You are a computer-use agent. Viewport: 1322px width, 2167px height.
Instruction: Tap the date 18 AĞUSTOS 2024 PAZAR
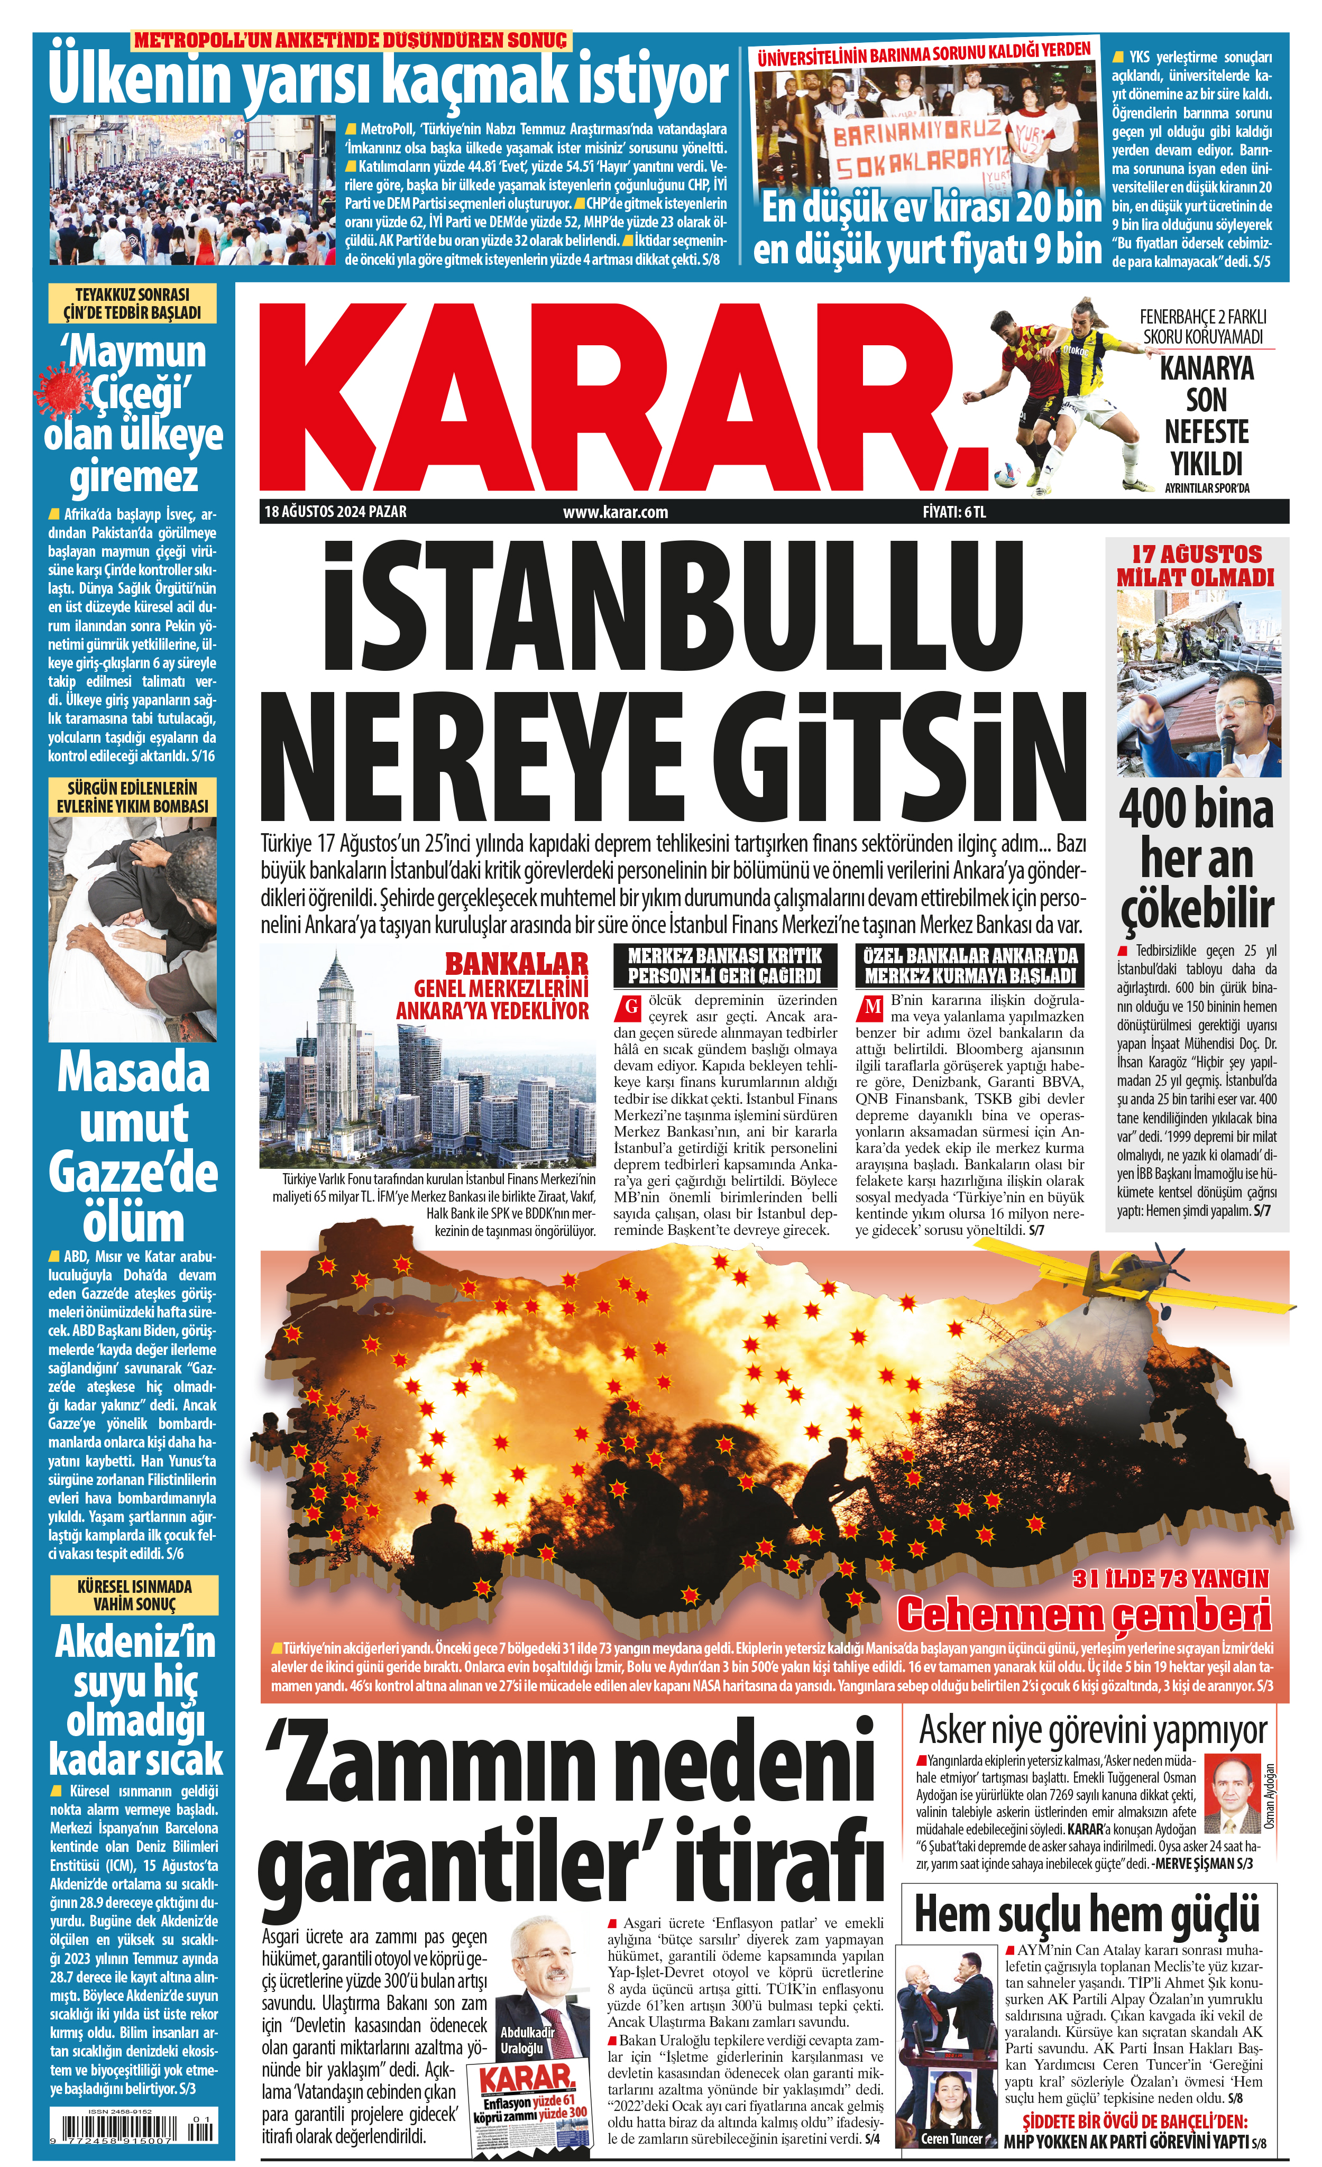[x=335, y=512]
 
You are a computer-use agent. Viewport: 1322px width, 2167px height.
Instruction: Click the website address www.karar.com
[x=615, y=512]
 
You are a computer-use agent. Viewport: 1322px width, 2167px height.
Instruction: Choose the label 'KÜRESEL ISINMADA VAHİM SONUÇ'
[x=134, y=1594]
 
